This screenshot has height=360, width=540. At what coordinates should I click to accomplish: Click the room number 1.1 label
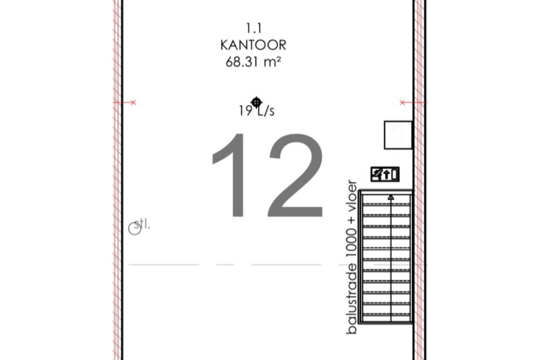click(254, 28)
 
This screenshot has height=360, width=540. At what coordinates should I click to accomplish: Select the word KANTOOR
click(253, 45)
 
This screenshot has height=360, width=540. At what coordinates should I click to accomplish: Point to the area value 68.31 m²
click(253, 62)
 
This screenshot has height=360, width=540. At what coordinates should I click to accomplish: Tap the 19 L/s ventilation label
click(257, 111)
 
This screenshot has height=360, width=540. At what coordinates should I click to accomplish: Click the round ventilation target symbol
click(256, 102)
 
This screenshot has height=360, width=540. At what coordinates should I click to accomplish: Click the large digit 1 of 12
click(231, 175)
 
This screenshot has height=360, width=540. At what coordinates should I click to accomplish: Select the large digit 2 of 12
click(296, 175)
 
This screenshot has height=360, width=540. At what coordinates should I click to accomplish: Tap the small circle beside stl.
click(135, 228)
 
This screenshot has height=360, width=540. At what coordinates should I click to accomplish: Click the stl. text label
click(142, 224)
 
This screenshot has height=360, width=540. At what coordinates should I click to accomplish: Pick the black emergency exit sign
click(385, 174)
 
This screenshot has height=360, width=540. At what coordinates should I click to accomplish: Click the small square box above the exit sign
click(398, 135)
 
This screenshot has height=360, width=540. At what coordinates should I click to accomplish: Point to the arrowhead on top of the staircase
click(391, 197)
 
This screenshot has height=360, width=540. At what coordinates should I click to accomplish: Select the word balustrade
click(352, 298)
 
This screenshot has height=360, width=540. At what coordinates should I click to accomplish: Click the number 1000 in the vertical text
click(352, 243)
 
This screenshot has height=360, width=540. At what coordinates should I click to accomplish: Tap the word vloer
click(352, 195)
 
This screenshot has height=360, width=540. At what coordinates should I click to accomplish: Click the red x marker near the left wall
click(134, 102)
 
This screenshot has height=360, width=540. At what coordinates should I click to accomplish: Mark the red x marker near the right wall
click(402, 102)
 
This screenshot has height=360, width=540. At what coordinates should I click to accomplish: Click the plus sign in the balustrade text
click(352, 219)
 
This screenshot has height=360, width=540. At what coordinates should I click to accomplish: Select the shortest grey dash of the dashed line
click(225, 264)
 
